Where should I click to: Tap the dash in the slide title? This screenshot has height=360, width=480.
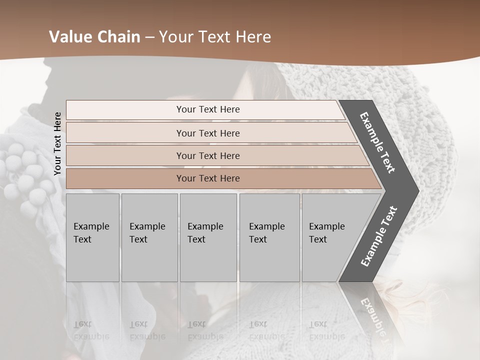click(149, 37)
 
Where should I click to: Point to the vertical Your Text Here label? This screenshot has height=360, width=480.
click(57, 143)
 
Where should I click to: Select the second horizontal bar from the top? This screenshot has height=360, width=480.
click(208, 133)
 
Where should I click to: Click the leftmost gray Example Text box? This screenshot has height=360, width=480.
click(92, 237)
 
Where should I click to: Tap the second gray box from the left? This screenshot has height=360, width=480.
click(149, 237)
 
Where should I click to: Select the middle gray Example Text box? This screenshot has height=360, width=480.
click(208, 237)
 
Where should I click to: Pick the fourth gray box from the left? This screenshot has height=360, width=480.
click(269, 237)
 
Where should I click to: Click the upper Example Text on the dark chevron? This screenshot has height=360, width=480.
click(377, 142)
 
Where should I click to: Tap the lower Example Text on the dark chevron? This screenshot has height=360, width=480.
click(379, 236)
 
